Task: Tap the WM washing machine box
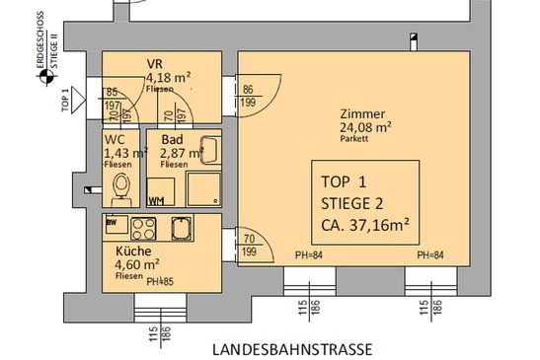(156, 200)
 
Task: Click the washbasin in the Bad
(205, 148)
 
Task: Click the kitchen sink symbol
(181, 229)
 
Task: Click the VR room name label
(155, 63)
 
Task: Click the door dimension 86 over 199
(249, 96)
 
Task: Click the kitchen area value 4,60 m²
(137, 264)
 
